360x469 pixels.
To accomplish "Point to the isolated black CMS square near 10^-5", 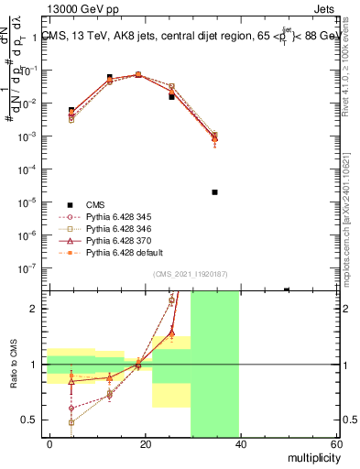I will [x=214, y=192].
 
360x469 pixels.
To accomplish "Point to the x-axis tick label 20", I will [x=145, y=444].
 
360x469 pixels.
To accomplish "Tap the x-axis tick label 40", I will [x=240, y=444].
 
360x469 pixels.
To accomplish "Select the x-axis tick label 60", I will [x=335, y=444].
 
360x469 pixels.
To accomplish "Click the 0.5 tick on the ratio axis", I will [x=31, y=420].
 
